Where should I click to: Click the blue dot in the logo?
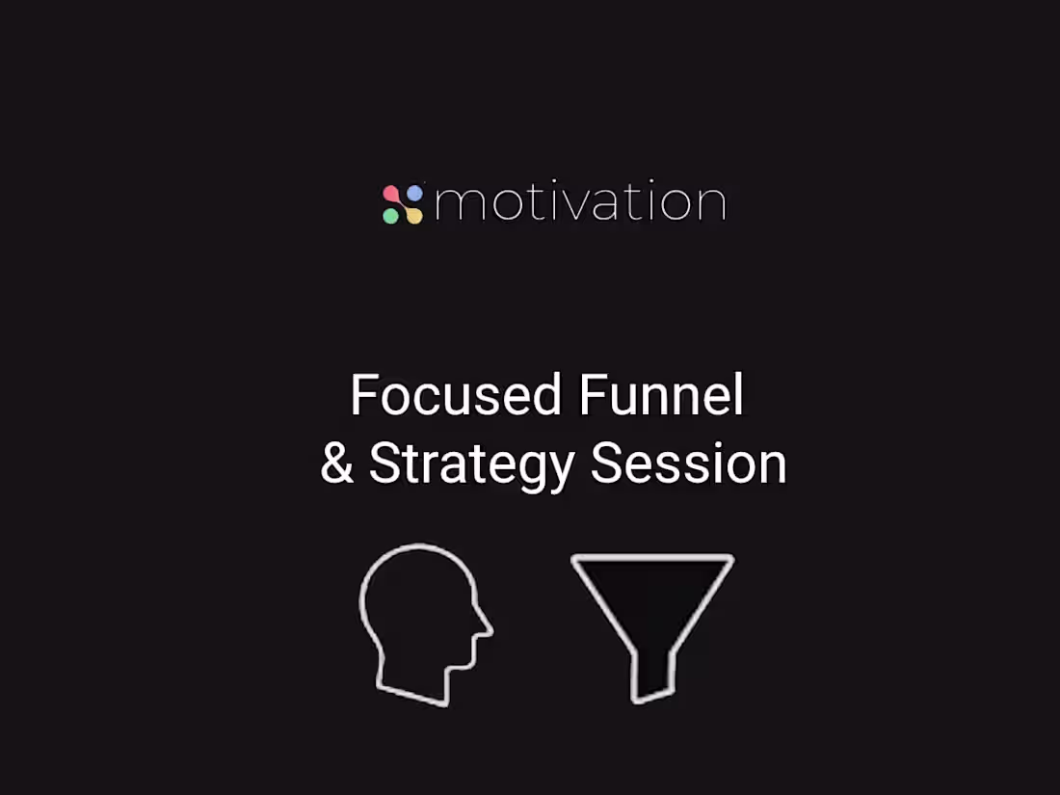coord(414,194)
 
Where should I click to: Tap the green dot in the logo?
coord(390,216)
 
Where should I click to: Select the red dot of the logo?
coord(390,194)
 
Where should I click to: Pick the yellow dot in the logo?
coord(414,215)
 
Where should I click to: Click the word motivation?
coord(579,202)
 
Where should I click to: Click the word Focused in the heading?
coord(456,395)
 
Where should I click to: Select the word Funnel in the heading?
coord(662,395)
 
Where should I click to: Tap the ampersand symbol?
coord(337,464)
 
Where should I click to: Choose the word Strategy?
coord(472,464)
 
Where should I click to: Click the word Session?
coord(688,464)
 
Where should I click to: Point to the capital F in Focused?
coord(362,395)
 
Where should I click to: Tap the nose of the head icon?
coord(486,631)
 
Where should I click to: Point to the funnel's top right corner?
coord(729,559)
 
